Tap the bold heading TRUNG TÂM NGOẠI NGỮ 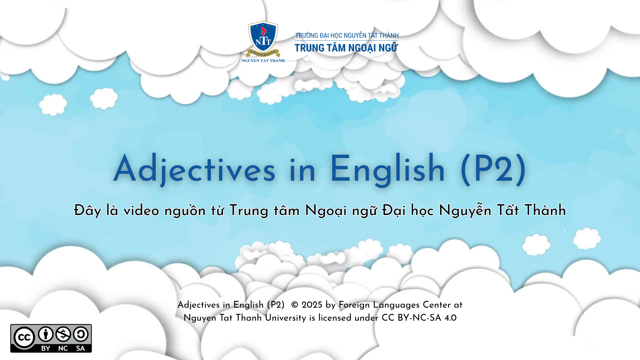(x=346, y=48)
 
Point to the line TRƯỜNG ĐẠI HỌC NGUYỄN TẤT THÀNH (x=347, y=35)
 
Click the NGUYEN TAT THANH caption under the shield (x=263, y=61)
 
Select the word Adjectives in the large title (x=194, y=169)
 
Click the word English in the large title (x=387, y=169)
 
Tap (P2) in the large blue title (x=493, y=169)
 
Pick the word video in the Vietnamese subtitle (x=141, y=211)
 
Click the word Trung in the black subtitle (x=249, y=211)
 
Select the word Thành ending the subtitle (x=545, y=210)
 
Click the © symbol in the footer (x=295, y=305)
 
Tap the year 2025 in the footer (x=312, y=305)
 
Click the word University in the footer (x=285, y=318)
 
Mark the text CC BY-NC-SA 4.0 (x=419, y=318)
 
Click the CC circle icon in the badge (x=24, y=338)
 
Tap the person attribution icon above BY (x=46, y=334)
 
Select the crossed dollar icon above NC (x=63, y=334)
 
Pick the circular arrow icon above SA (x=81, y=334)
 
